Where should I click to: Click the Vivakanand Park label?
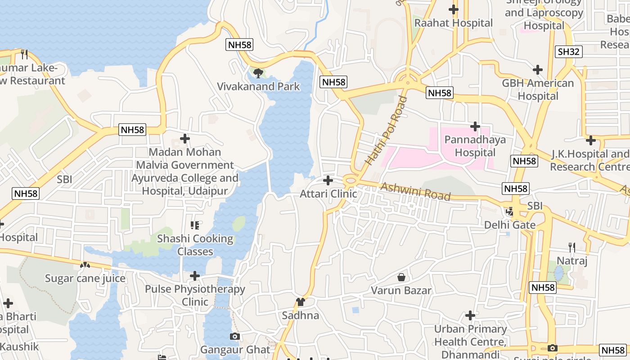(258, 86)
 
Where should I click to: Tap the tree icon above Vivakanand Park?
(258, 72)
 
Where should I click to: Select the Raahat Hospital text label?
(454, 23)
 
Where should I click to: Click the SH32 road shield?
(568, 51)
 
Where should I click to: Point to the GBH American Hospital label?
(538, 90)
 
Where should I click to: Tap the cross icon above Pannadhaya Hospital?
(475, 126)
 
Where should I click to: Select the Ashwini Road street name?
(415, 191)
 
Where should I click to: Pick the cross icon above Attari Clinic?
(328, 180)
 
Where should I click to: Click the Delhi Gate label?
(510, 225)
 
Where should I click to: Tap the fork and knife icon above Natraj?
(571, 247)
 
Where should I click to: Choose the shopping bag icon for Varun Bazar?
(401, 277)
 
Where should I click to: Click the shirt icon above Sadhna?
(301, 301)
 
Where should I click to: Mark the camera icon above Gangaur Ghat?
(234, 336)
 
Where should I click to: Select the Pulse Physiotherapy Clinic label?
(195, 295)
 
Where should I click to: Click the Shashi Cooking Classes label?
(195, 245)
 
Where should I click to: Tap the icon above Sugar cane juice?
(85, 265)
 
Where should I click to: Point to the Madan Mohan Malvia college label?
(185, 171)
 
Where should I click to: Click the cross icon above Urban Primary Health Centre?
(470, 315)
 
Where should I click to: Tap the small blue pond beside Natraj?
(558, 273)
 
